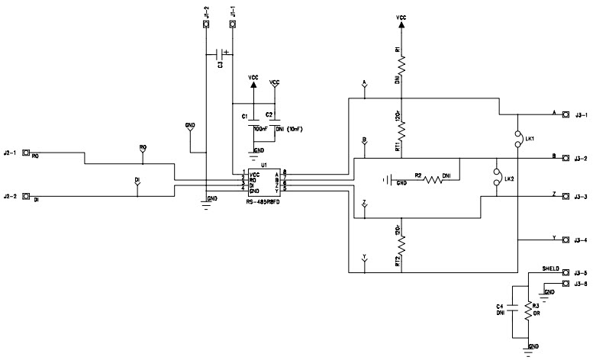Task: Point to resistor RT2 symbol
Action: (400, 244)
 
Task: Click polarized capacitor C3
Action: (221, 54)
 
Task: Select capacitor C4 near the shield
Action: (511, 310)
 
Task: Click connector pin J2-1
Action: (26, 153)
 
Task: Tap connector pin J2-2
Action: (26, 197)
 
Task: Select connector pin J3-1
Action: (566, 115)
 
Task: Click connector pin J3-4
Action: (566, 240)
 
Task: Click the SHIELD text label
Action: (551, 269)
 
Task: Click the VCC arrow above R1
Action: (400, 26)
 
